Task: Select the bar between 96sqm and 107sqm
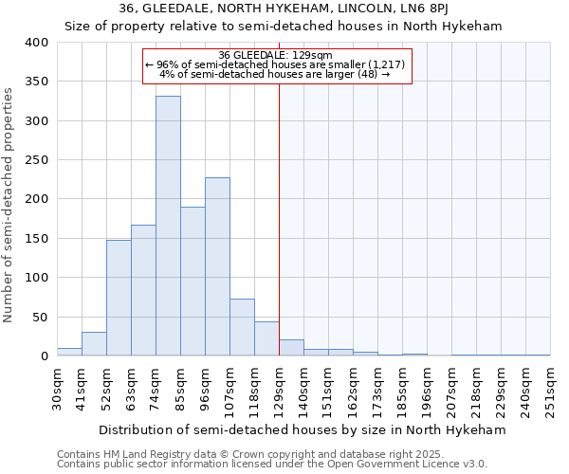pos(217,266)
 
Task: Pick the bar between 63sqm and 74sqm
pos(143,290)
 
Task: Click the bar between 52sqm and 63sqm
pos(119,298)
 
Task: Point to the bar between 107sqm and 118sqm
pos(242,327)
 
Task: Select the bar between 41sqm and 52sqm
pos(94,344)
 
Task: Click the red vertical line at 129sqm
pos(279,218)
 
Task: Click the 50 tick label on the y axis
pos(39,317)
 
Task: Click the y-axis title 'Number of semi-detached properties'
pos(9,204)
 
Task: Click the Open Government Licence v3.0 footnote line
pos(271,464)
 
